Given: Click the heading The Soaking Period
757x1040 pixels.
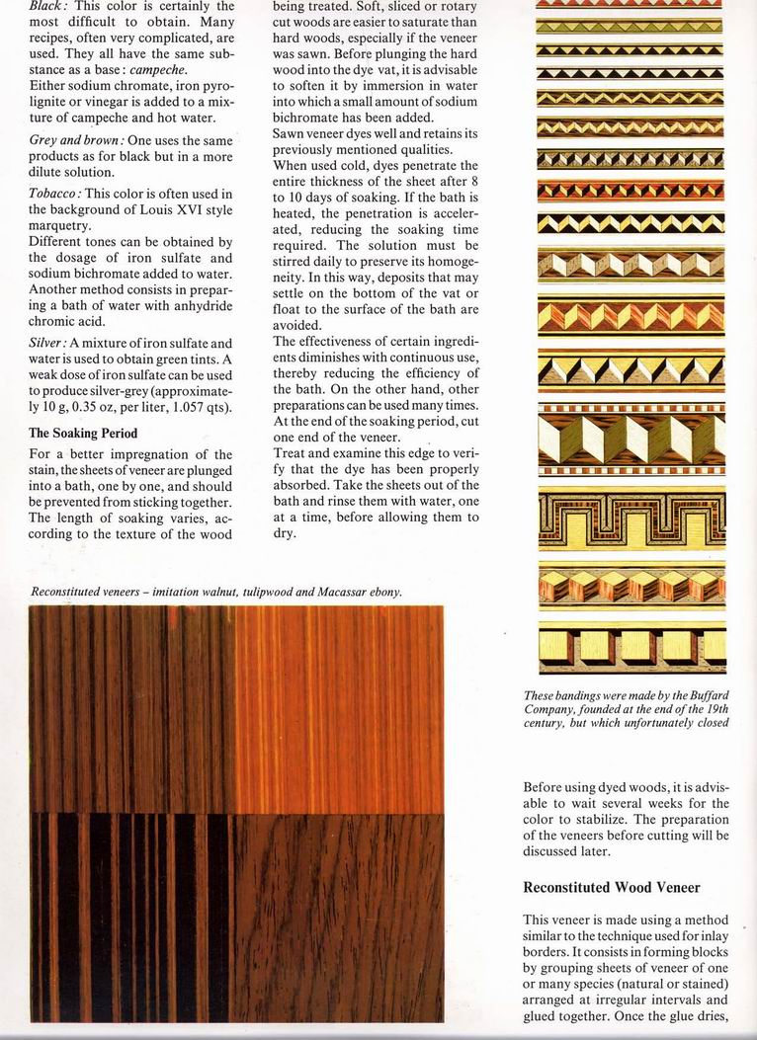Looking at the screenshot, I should (x=83, y=433).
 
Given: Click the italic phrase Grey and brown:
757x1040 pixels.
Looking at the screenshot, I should (x=76, y=140).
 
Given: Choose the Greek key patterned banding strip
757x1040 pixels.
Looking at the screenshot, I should (x=631, y=520).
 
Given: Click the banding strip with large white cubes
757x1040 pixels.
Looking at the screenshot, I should (x=631, y=438).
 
